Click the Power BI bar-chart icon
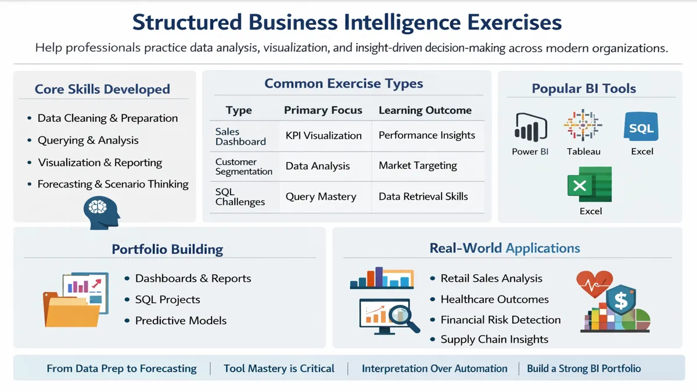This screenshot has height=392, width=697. (x=530, y=127)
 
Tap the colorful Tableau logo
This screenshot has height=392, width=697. (x=583, y=126)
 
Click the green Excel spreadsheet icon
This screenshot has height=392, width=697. (x=590, y=184)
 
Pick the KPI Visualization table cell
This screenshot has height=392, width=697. (x=324, y=135)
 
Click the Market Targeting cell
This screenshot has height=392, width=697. (x=418, y=166)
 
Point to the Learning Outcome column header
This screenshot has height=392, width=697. (x=425, y=110)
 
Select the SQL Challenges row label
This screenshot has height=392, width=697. (x=240, y=197)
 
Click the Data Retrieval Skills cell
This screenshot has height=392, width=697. (x=423, y=196)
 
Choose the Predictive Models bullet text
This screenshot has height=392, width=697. (x=181, y=321)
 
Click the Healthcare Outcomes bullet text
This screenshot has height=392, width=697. (x=494, y=300)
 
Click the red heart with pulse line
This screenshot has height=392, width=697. (x=594, y=284)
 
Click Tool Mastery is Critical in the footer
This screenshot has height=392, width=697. (x=279, y=369)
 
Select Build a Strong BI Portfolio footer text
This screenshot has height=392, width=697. (x=584, y=369)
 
